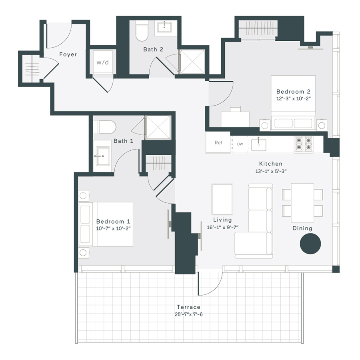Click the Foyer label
[68, 54]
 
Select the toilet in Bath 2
[142, 32]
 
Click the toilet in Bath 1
[105, 127]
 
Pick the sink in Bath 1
[102, 154]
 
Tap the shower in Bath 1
[158, 128]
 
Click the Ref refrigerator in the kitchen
[218, 143]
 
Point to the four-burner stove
[303, 144]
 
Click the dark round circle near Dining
[310, 244]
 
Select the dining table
[302, 202]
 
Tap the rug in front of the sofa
[222, 199]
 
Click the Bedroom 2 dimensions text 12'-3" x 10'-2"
[293, 98]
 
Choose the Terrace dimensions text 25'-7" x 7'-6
[188, 314]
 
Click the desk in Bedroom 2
[235, 118]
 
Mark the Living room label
[222, 220]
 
